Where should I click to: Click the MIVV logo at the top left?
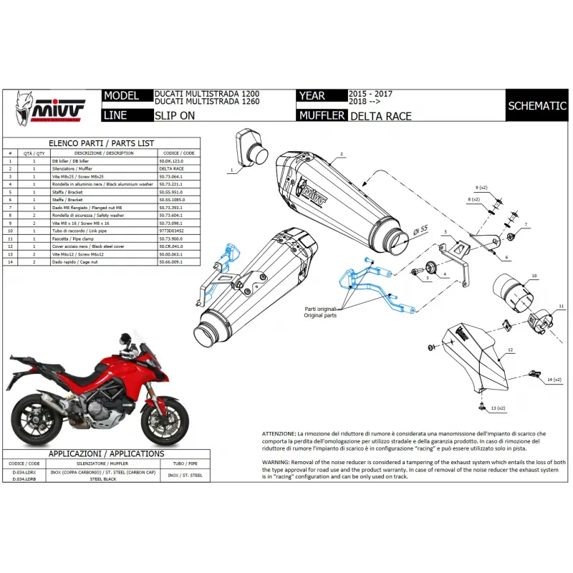(49, 107)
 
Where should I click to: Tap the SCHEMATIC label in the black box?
(537, 105)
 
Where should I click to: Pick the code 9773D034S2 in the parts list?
(173, 231)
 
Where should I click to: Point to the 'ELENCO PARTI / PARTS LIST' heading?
(101, 143)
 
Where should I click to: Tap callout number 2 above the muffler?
(342, 154)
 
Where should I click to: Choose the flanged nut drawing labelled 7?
(510, 236)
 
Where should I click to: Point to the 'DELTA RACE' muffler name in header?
(381, 115)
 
